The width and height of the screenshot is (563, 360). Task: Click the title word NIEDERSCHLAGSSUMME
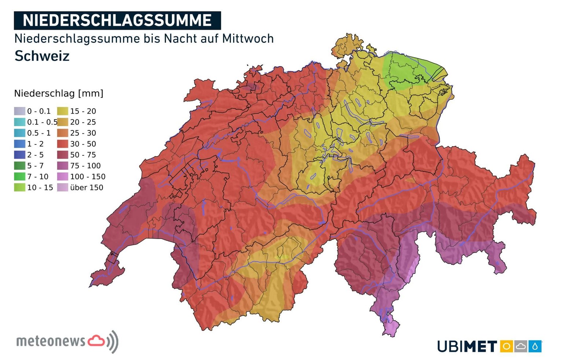point(117,21)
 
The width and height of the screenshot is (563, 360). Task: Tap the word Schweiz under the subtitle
point(42,56)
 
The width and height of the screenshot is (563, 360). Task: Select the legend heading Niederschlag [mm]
point(59,93)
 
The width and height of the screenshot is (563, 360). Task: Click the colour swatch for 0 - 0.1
point(20,111)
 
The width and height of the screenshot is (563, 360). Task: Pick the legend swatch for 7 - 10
point(20,177)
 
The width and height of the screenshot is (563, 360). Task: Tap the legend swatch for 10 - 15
point(20,187)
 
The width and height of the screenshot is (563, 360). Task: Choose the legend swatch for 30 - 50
point(63,144)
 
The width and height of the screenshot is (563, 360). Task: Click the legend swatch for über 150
point(63,187)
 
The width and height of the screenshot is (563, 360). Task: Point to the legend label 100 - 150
point(88,177)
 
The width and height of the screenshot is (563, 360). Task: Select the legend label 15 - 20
point(83,111)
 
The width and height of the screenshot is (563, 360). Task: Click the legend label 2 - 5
point(35,155)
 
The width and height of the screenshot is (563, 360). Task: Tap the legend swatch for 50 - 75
point(63,155)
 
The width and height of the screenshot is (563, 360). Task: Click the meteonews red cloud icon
point(96,341)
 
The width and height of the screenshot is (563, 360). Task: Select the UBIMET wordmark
point(467,346)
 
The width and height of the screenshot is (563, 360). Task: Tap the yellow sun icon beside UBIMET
point(506,346)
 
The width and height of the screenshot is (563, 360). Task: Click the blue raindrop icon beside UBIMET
point(535,346)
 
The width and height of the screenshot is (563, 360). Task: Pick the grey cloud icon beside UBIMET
point(520,346)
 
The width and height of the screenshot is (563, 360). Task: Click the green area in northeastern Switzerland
point(407,71)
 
